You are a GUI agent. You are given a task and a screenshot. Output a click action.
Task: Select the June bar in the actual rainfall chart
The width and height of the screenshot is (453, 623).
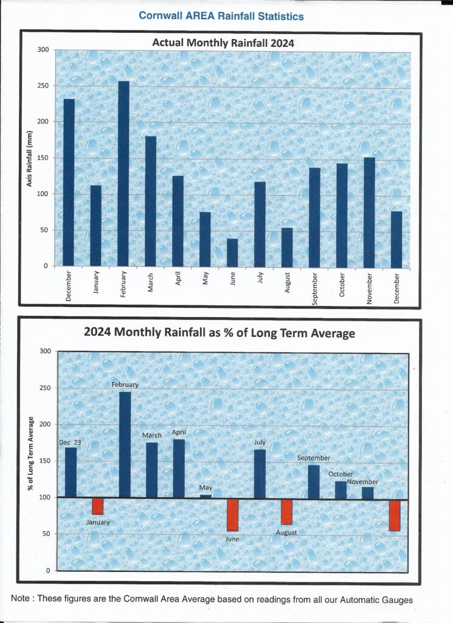click(232, 252)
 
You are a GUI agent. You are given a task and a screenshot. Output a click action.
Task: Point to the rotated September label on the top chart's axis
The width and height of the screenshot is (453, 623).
click(314, 288)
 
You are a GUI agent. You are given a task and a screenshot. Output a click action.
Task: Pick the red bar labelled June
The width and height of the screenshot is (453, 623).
click(232, 515)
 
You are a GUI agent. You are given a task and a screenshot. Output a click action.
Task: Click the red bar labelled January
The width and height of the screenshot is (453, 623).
click(97, 506)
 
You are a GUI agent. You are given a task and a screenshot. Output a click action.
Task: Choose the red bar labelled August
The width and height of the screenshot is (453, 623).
click(286, 512)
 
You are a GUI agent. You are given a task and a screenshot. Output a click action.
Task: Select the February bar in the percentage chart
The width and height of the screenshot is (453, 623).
click(125, 444)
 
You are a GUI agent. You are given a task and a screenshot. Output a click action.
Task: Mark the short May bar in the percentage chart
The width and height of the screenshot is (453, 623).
click(206, 496)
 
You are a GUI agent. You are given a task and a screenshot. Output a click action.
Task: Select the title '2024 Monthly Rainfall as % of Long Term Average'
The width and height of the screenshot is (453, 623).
click(220, 333)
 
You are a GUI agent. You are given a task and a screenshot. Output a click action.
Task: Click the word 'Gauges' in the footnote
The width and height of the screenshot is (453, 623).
click(396, 600)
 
